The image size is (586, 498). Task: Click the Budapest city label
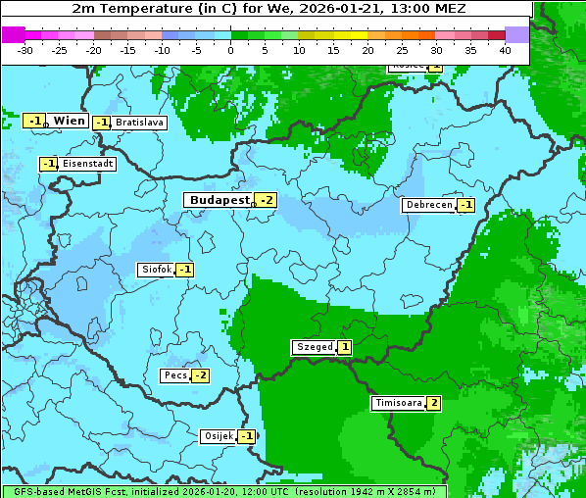[220, 200]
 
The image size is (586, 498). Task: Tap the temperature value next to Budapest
[265, 200]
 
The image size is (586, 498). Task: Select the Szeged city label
[314, 347]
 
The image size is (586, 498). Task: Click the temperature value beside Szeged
[344, 347]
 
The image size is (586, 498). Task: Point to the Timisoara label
[399, 403]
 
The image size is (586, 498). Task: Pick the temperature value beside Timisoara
[433, 403]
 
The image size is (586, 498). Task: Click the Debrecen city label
[428, 205]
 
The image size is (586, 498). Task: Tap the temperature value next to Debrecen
[465, 205]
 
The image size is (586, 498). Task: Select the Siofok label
[156, 270]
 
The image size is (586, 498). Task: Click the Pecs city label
[175, 375]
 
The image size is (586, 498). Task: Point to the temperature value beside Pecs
[200, 375]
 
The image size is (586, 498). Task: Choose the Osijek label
[218, 436]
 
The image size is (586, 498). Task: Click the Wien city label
[70, 120]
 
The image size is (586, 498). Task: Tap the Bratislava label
[138, 123]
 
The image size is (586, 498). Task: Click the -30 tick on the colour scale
[25, 49]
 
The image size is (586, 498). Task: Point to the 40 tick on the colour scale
[505, 49]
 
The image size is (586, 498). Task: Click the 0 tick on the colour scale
[231, 49]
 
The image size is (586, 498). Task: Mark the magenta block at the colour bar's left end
[14, 34]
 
